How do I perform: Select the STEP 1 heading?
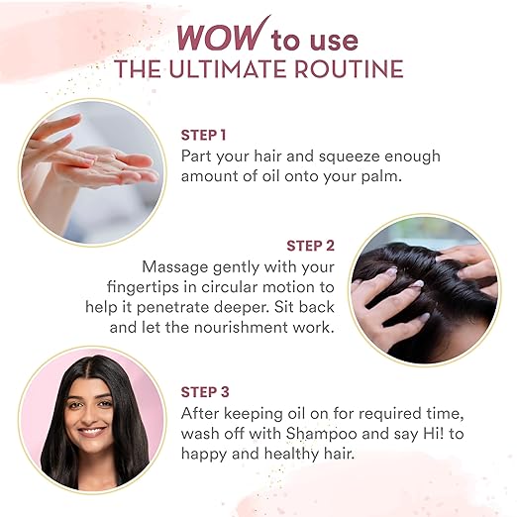203,135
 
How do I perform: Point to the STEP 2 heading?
310,246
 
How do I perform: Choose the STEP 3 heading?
205,392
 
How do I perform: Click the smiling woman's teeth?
91,431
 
